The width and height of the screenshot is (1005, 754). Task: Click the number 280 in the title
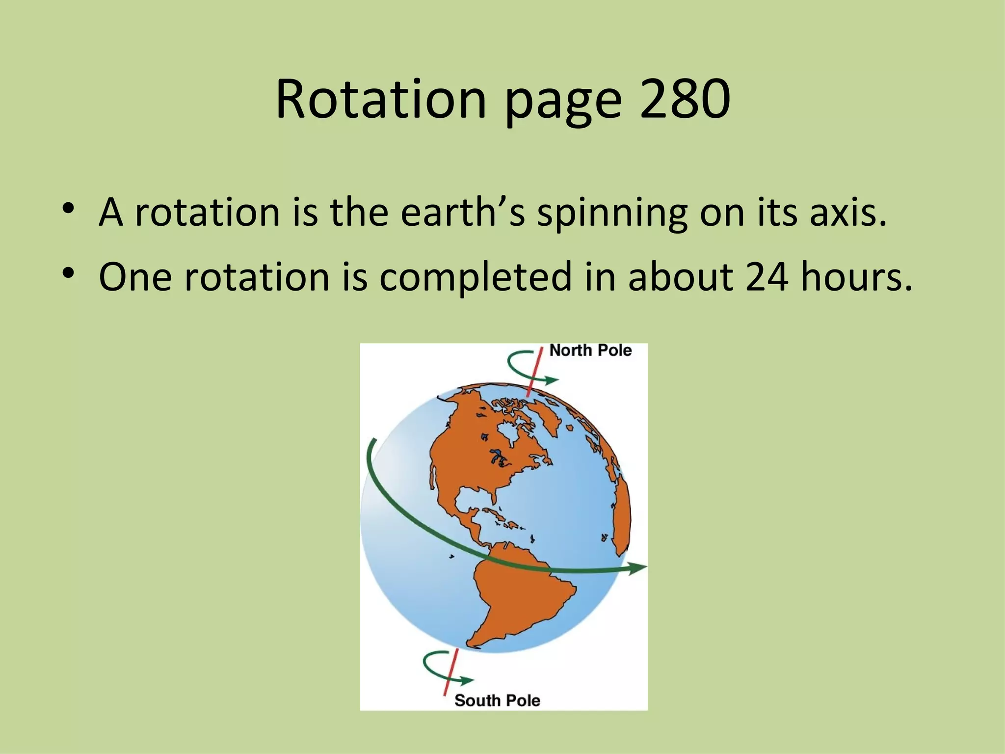685,99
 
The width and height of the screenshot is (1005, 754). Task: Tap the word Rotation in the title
381,99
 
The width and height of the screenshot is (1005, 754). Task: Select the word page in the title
563,103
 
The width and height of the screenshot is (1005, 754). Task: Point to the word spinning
611,215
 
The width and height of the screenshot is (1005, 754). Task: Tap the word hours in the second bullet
856,276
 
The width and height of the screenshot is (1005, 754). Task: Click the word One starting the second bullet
135,276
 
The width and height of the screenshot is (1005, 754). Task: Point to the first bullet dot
68,208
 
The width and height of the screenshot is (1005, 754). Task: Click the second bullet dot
68,272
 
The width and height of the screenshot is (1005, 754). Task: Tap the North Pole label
590,350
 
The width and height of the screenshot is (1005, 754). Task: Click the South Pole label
497,700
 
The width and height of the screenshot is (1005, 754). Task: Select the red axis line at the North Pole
535,372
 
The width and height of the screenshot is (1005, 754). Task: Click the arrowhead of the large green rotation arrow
638,568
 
